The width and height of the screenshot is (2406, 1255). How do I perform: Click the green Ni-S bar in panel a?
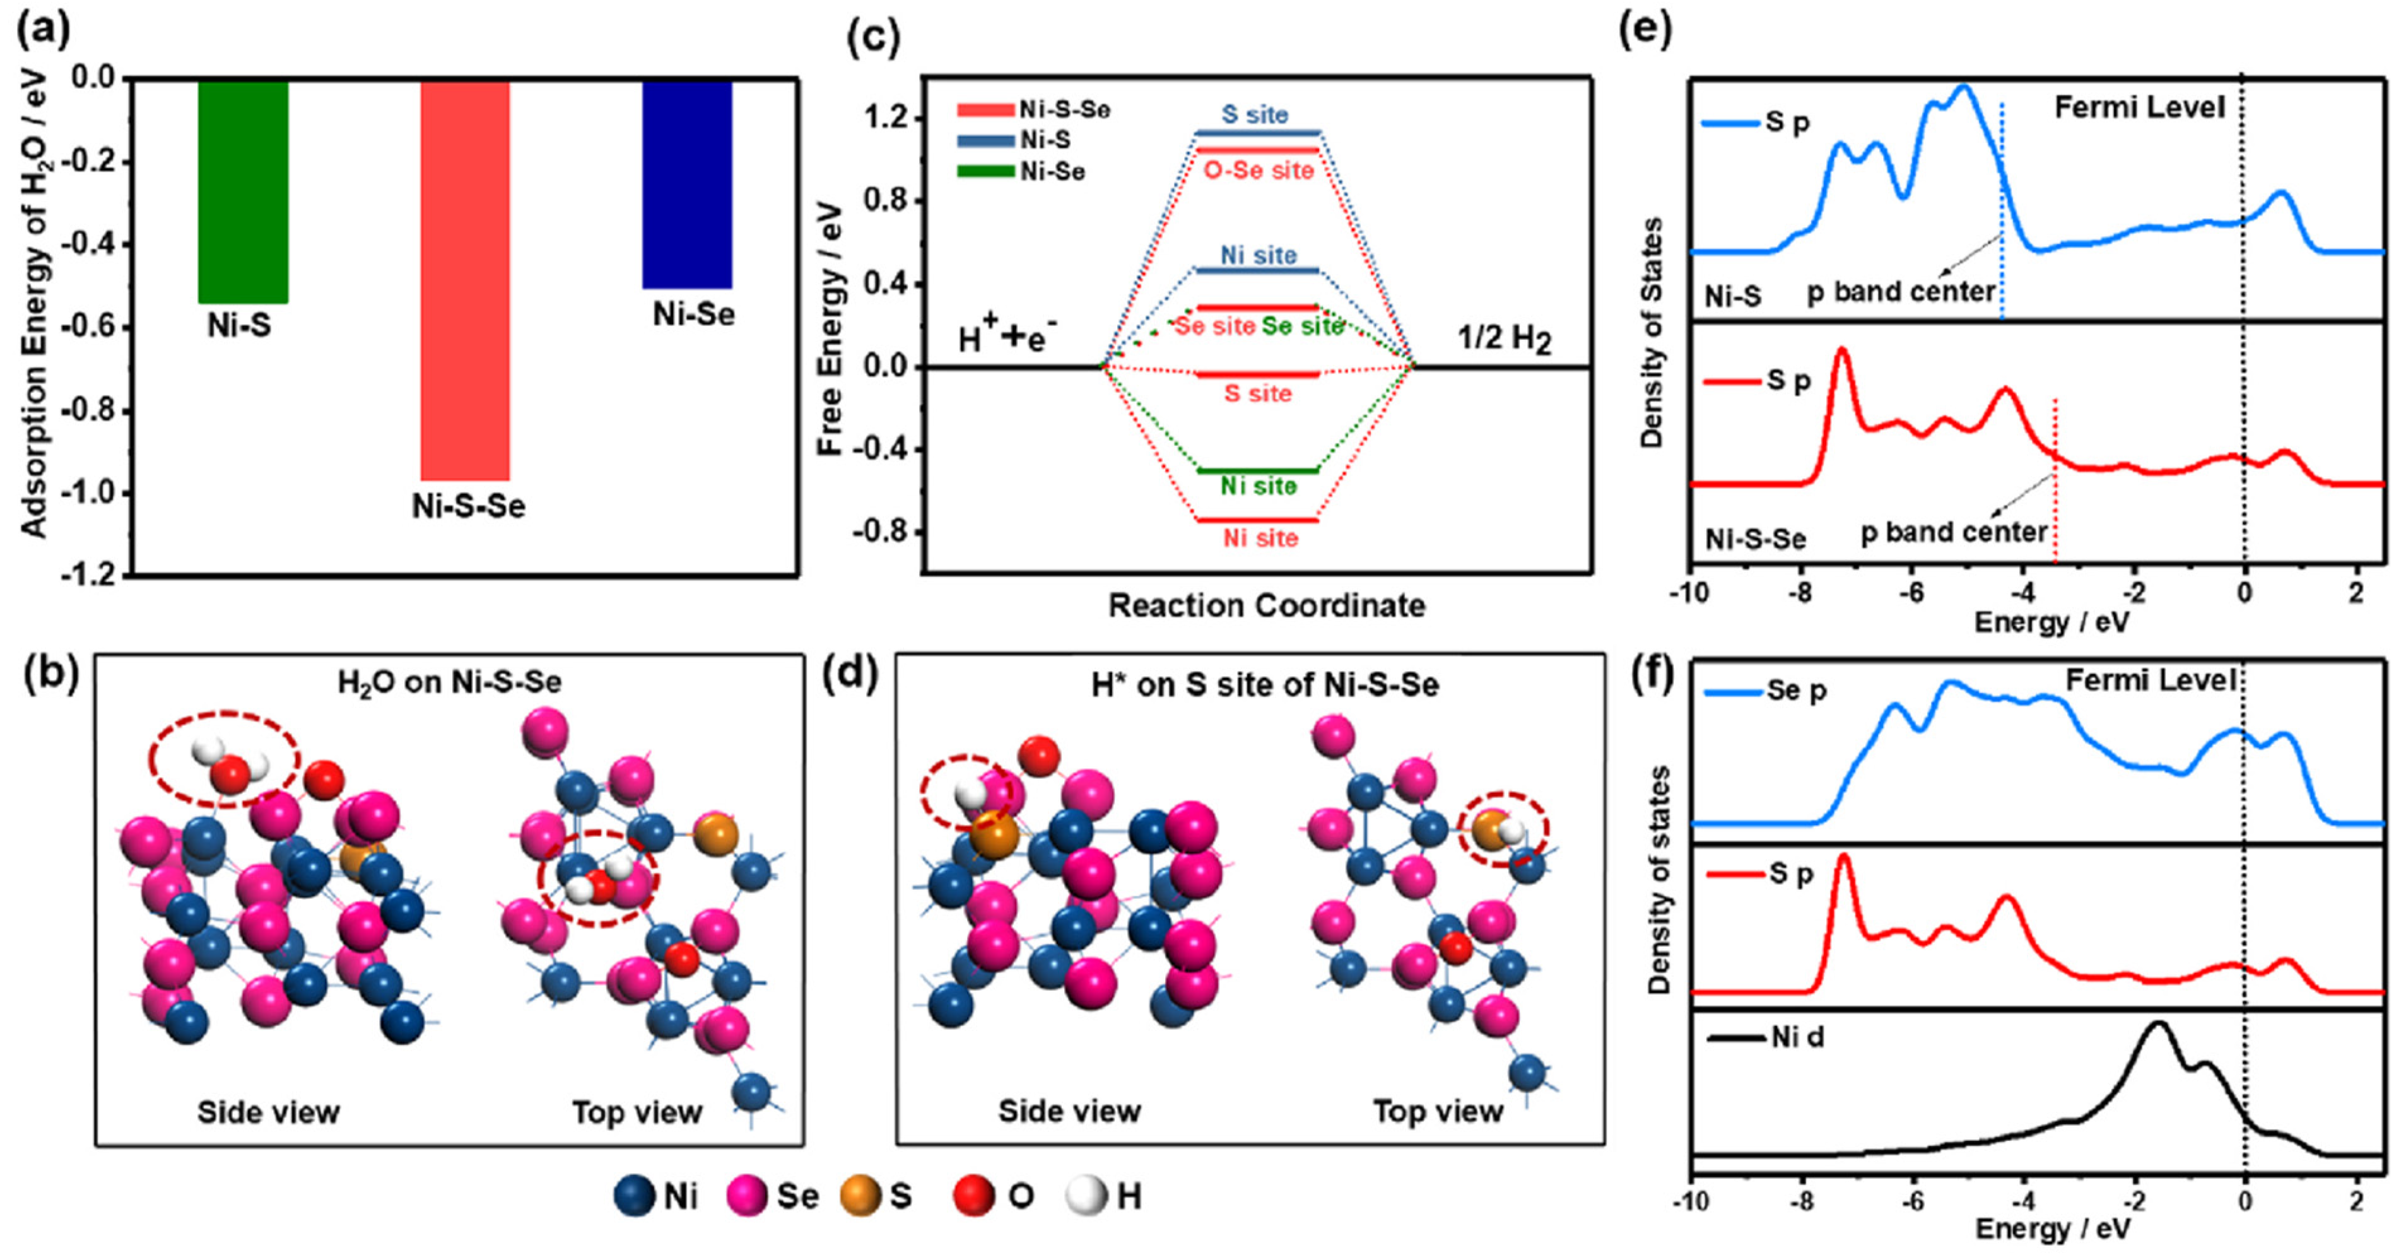click(243, 192)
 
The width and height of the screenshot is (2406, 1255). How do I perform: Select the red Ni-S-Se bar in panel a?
click(464, 280)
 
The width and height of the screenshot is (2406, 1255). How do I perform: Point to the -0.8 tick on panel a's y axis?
click(93, 411)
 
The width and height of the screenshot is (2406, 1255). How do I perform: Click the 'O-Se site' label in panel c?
click(1258, 170)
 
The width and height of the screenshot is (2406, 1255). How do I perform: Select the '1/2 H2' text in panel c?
click(1504, 338)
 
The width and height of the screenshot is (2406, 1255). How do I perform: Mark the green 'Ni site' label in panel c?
click(1258, 486)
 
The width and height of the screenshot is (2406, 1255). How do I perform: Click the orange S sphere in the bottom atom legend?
click(860, 1197)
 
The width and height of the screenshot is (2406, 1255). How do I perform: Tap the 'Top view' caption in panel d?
click(1438, 1111)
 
